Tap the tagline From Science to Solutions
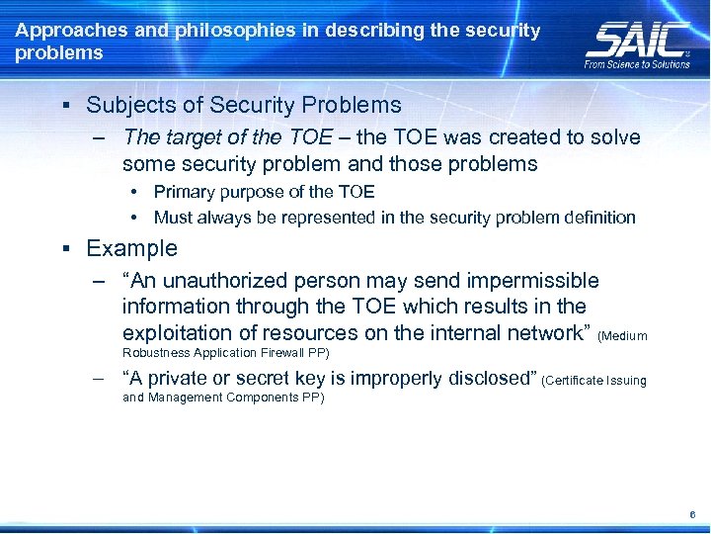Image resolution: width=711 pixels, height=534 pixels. [x=638, y=63]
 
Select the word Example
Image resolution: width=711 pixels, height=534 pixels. [x=131, y=248]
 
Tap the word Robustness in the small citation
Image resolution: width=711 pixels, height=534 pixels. [x=158, y=352]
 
